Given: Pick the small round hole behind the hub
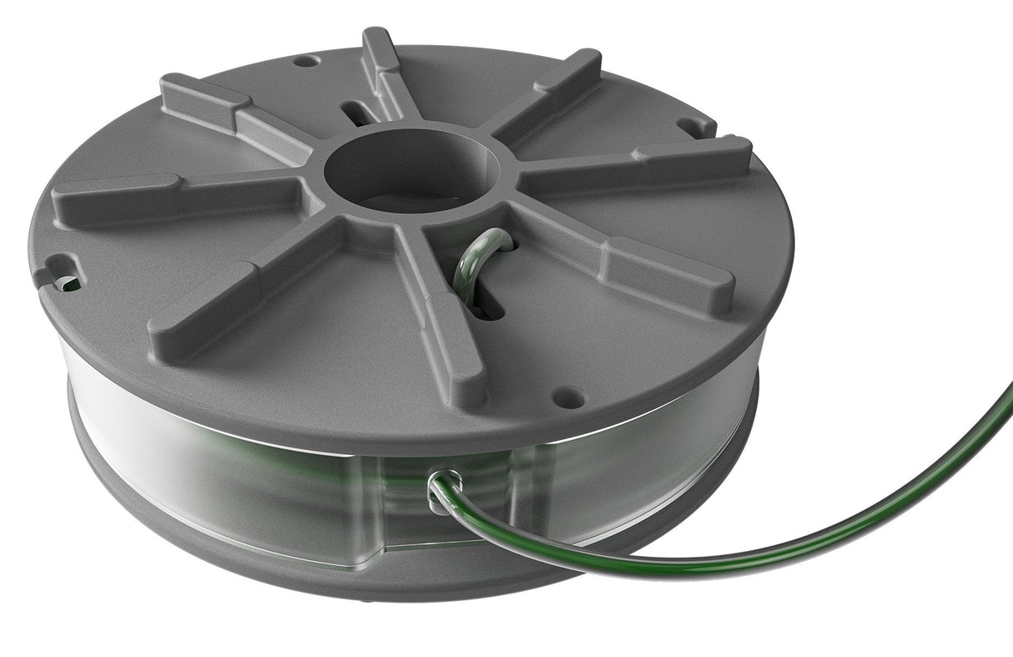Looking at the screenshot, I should [307, 61].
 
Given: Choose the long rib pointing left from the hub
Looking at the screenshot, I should [175, 197].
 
